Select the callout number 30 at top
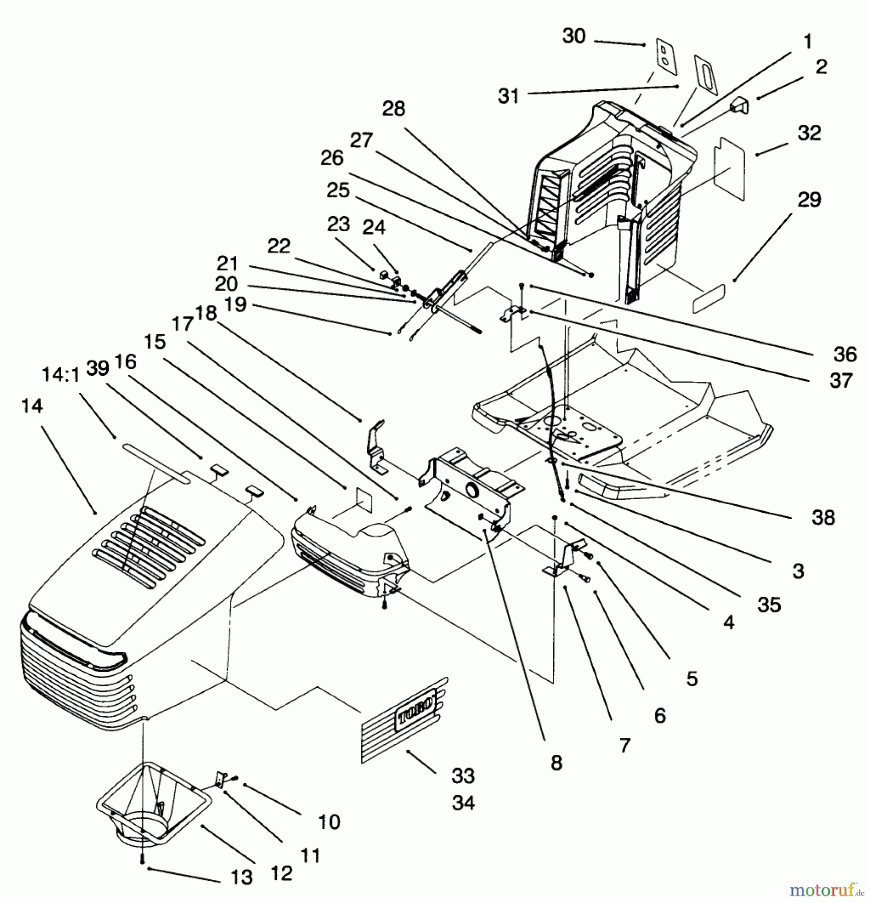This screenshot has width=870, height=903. point(574,36)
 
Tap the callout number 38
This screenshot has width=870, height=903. point(823,517)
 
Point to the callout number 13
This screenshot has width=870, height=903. point(241,877)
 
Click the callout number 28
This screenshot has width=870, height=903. point(393,109)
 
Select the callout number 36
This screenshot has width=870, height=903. point(845,354)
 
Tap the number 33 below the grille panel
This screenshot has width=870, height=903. point(462,776)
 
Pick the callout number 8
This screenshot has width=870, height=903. point(556,763)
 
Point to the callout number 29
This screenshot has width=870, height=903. point(809,200)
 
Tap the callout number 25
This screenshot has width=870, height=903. point(337,190)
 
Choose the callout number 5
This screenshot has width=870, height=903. point(691,679)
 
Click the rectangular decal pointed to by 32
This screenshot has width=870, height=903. point(730,168)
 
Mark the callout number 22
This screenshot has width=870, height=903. point(279,246)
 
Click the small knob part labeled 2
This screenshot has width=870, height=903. point(740,106)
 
